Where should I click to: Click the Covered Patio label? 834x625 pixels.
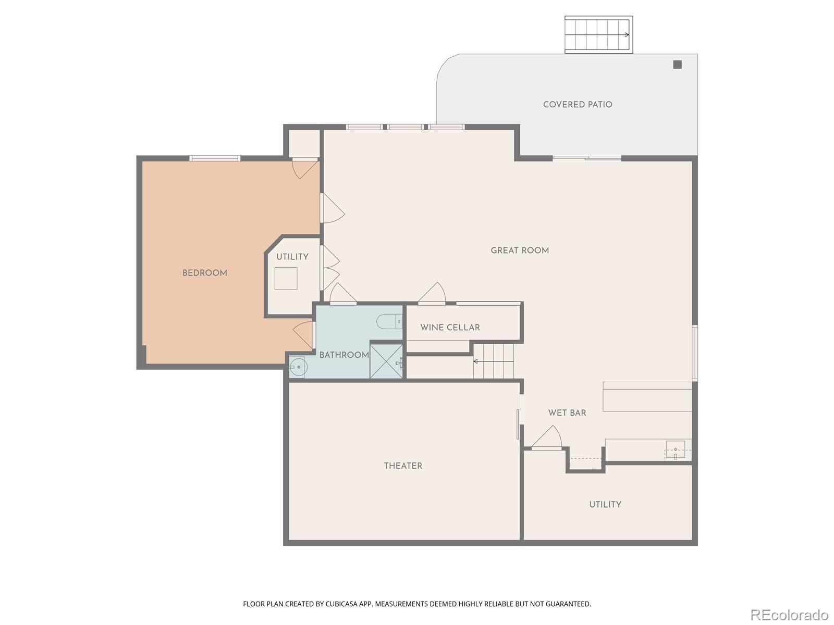coord(578,105)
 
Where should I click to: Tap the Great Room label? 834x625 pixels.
coord(520,251)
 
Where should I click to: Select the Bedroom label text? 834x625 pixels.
coord(204,273)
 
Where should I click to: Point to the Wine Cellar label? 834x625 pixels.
coord(450,328)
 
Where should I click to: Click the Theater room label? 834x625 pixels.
coord(403,466)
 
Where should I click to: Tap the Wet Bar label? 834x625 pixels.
coord(567,413)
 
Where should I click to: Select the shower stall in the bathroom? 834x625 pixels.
coord(386,361)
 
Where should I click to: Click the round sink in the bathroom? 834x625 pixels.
coord(299,367)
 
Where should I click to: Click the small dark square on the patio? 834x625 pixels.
coord(677,65)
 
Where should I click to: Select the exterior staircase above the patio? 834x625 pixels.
coord(598,34)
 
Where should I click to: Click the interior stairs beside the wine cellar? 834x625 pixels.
coord(493,361)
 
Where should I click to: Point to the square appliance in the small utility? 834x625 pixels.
coord(286,278)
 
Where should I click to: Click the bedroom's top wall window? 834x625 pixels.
coord(214,158)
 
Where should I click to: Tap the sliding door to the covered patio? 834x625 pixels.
coord(587,158)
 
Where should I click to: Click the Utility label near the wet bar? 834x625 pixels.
coord(605,504)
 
